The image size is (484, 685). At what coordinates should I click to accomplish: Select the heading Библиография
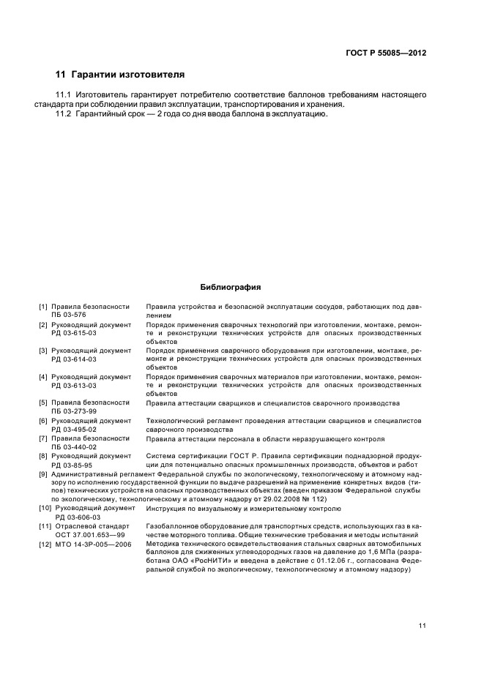tap(231, 288)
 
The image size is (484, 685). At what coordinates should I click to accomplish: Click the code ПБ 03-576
tap(69, 315)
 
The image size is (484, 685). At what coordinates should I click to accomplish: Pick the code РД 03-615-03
tap(73, 333)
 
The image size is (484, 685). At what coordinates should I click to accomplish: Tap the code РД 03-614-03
tap(73, 359)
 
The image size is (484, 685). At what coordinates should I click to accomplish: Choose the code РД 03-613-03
tap(73, 386)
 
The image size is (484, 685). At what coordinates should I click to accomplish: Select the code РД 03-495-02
tap(73, 430)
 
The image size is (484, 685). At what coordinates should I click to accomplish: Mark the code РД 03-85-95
tap(71, 465)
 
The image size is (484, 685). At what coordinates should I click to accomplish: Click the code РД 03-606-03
tap(73, 517)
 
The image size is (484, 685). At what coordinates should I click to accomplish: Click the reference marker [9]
tap(43, 473)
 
